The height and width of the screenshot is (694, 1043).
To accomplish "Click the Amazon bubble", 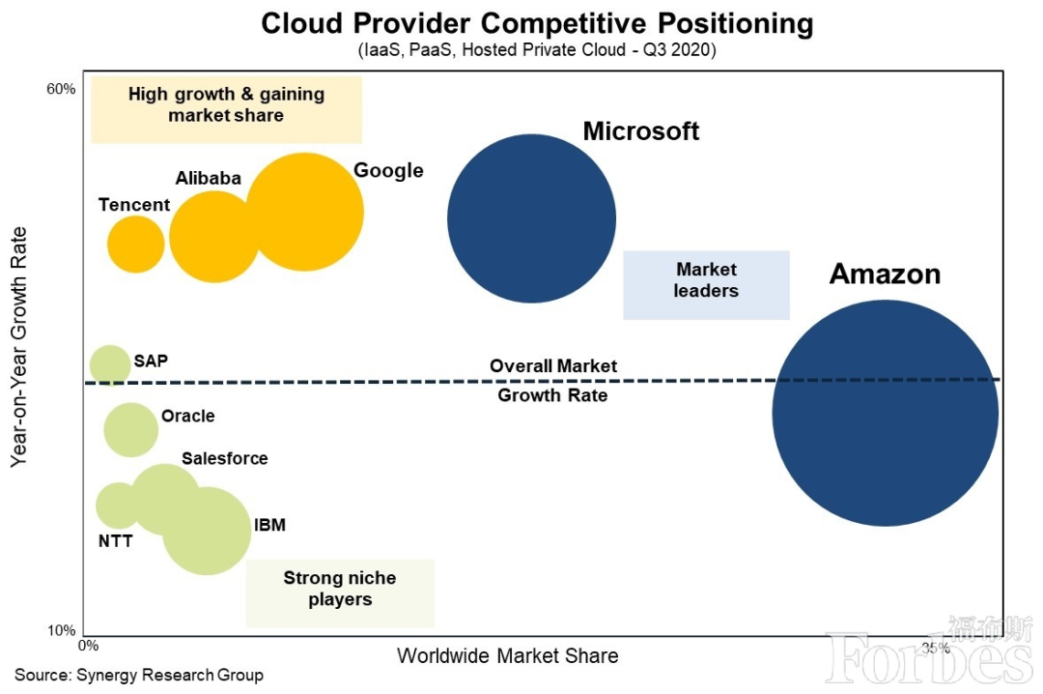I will point(885,413).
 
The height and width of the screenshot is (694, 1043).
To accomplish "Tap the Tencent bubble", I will point(135,245).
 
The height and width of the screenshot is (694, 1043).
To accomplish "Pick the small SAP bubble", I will point(109,364).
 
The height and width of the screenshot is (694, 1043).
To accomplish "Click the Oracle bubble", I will point(130,428).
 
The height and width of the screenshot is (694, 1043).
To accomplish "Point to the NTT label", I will point(116,541).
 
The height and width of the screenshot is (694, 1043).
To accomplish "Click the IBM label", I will point(269,526).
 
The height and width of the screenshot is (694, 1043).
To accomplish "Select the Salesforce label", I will point(225,458).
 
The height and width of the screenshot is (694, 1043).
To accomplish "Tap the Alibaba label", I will point(208,178).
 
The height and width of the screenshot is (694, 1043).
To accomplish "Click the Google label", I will point(388,171).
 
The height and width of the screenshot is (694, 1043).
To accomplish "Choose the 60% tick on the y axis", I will point(61,90).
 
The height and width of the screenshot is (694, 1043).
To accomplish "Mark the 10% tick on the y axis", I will point(61,631).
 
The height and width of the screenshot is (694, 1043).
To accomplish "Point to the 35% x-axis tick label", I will point(935,647).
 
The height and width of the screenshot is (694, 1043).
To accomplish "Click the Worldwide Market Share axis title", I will point(507,656).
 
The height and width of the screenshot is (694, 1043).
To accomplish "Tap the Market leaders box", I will point(706,280).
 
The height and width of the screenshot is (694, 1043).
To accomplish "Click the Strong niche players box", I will point(340,589).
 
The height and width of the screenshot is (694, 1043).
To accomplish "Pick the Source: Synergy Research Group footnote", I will point(138,675).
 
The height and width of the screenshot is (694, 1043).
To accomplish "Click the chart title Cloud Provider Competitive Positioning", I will point(537,23).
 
